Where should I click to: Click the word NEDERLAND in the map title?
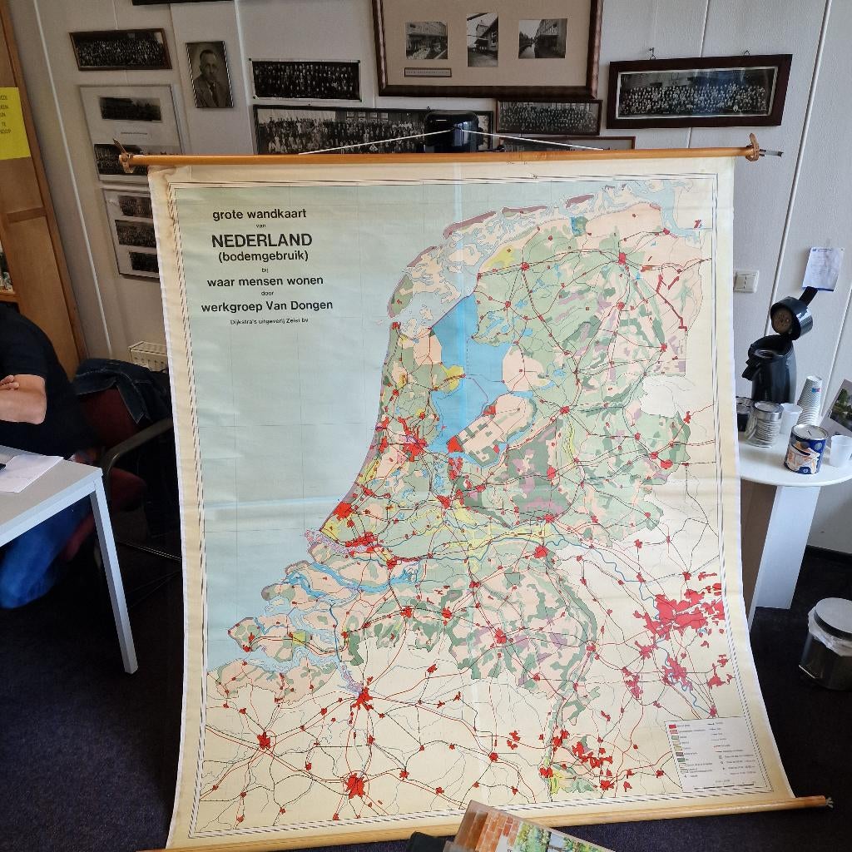261,240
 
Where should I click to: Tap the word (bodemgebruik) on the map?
262,256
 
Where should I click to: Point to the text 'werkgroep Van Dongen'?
266,305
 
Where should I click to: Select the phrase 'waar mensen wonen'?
265,280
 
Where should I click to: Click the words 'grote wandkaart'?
259,214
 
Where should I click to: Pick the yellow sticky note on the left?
12,123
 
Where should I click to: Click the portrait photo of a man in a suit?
209,75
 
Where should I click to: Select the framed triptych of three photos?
486,46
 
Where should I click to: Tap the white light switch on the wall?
745,280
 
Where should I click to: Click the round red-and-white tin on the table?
805,448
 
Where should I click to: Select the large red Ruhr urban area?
686,613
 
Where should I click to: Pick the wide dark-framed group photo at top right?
698,91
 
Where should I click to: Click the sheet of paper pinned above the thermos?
823,268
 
